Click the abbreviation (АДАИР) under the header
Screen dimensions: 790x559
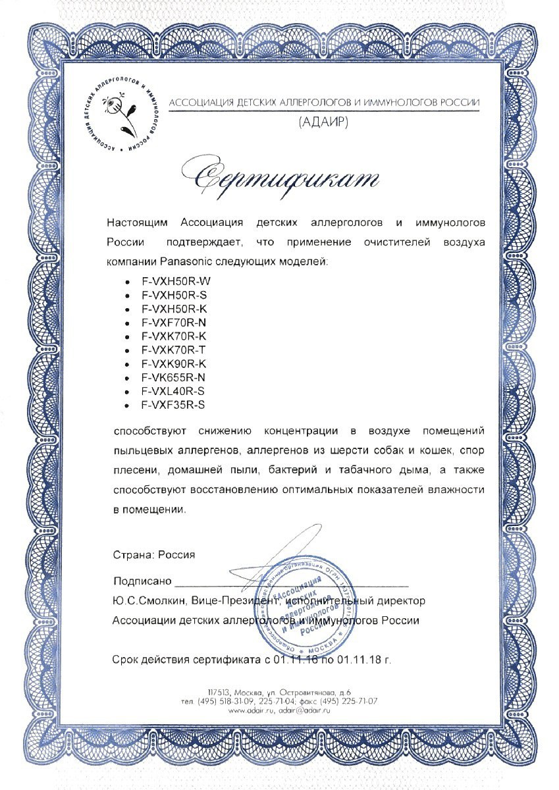(324, 122)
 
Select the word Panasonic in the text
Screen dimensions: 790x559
(187, 261)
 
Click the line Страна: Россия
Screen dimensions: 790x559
(154, 555)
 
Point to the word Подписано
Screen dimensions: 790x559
(142, 581)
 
